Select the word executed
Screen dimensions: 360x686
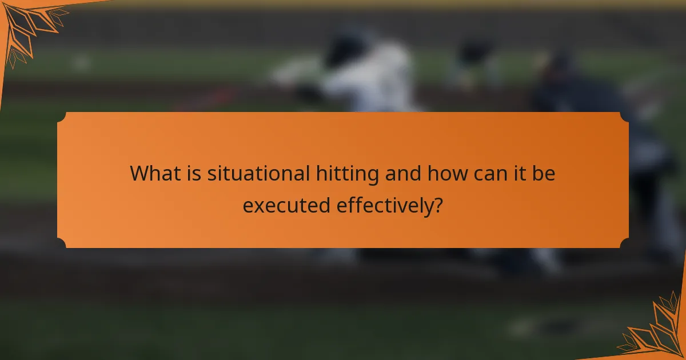coord(286,204)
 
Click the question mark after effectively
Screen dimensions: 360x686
coord(437,204)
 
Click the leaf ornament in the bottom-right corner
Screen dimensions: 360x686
coord(657,331)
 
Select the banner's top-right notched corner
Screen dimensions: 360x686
coord(624,117)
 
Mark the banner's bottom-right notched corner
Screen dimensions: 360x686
coord(624,243)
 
